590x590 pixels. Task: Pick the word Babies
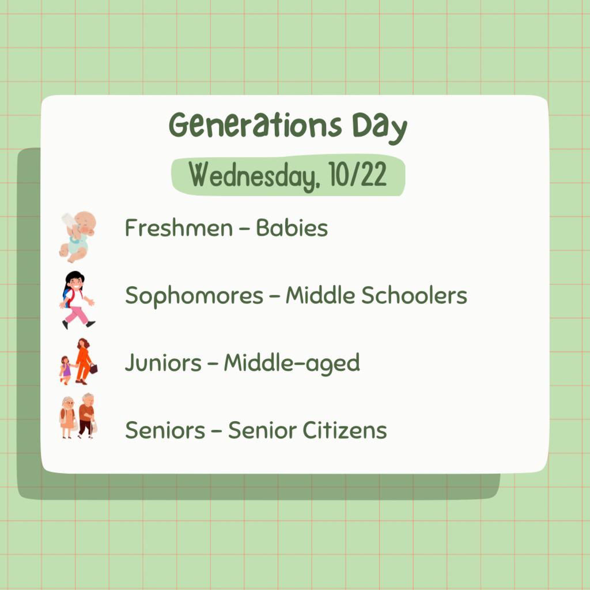tap(292, 228)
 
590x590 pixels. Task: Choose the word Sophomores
tap(194, 296)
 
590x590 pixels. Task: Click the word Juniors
tap(164, 363)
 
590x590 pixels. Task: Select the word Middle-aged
tap(292, 363)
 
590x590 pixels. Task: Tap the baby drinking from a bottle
tap(78, 236)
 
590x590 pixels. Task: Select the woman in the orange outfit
tap(84, 360)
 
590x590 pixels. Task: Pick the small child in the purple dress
tap(66, 369)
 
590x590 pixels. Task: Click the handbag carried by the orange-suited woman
tap(93, 368)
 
